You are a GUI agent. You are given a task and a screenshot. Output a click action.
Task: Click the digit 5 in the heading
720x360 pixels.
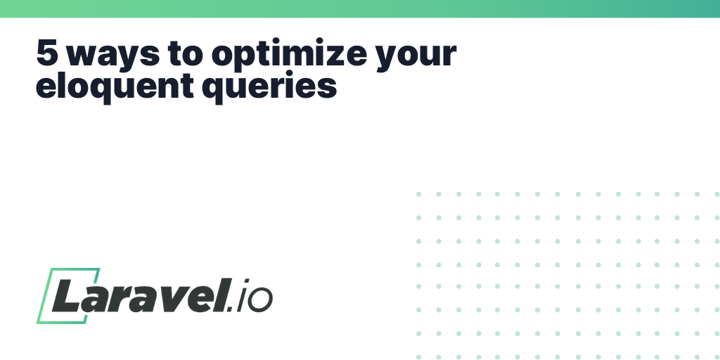(x=47, y=52)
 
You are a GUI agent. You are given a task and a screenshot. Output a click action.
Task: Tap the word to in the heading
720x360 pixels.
(x=186, y=53)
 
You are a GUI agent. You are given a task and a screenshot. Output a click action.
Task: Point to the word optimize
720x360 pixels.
(x=289, y=55)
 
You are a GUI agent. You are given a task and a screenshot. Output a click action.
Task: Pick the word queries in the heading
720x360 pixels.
(x=269, y=86)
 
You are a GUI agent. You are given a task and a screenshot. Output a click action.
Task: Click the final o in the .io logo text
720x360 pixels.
(x=260, y=301)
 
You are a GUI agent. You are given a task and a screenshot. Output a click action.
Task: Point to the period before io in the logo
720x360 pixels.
(x=231, y=309)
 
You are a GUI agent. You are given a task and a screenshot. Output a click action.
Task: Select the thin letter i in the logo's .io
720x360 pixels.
(x=243, y=295)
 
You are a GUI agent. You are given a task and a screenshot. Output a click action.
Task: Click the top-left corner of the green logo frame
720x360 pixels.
(x=50, y=269)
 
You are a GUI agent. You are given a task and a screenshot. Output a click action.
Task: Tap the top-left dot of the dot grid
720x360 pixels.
(x=418, y=194)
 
